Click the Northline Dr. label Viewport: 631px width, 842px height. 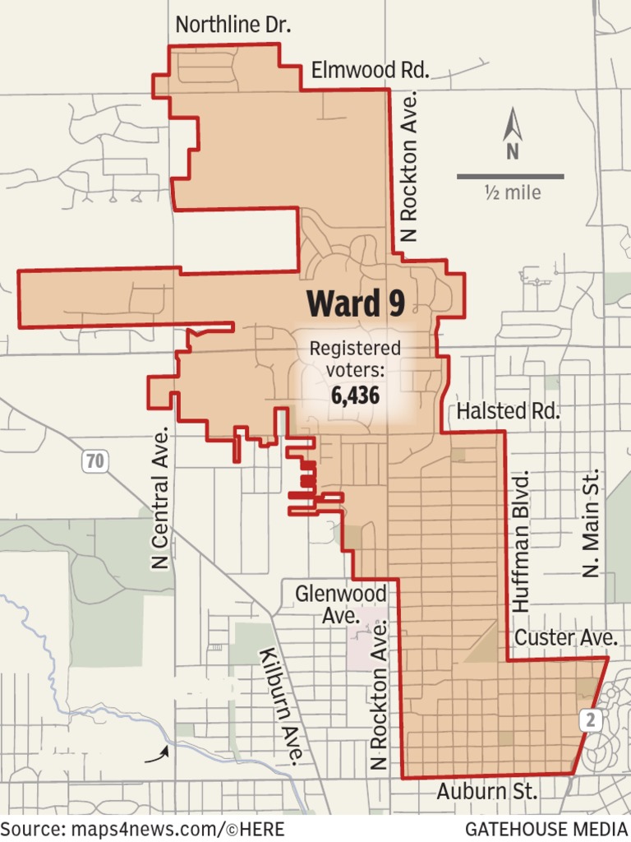point(233,25)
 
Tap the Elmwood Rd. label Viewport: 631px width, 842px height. point(370,71)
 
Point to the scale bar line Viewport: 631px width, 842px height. point(510,176)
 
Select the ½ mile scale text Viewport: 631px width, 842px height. point(513,193)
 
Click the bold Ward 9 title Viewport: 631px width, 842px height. point(356,303)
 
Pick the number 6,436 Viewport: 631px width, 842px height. point(355,396)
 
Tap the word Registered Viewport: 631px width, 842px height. point(355,349)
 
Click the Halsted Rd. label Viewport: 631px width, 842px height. point(509,411)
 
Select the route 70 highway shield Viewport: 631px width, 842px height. point(95,461)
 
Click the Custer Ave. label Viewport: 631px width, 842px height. point(566,637)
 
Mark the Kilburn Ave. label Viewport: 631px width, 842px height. point(283,706)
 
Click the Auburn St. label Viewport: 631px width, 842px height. point(487,792)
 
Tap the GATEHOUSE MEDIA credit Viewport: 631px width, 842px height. point(544,828)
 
